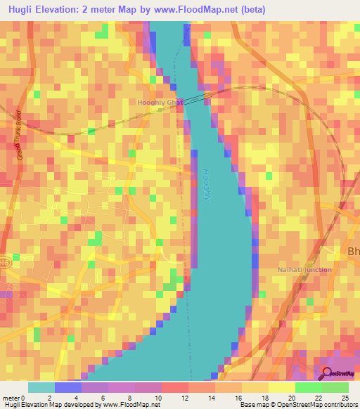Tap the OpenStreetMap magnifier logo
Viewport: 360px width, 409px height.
click(x=327, y=373)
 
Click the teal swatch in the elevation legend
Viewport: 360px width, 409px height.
click(x=41, y=387)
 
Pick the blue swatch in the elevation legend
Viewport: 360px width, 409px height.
click(x=68, y=387)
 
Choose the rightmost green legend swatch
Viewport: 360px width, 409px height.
click(x=335, y=387)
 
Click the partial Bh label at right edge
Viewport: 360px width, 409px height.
click(x=352, y=252)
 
